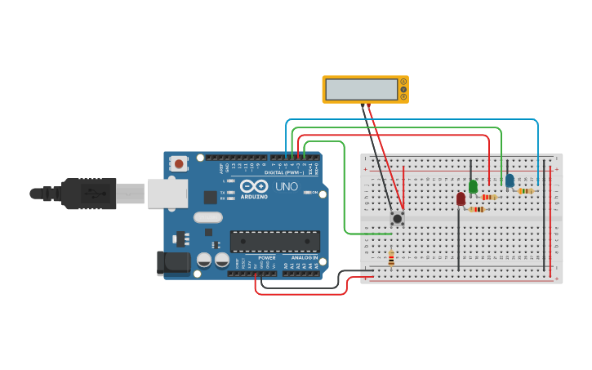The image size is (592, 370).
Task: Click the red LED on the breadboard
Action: click(461, 198)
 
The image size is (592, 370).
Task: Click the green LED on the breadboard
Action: click(473, 186)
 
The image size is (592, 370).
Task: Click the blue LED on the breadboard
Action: click(510, 181)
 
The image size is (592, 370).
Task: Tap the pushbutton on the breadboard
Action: click(397, 218)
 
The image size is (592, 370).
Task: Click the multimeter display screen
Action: click(361, 89)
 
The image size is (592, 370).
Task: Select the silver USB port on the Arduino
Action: click(167, 194)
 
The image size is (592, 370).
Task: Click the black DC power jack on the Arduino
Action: click(172, 262)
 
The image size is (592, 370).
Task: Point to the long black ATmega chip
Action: click(274, 241)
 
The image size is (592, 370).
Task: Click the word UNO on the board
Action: click(287, 186)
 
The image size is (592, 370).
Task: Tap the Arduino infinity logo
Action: click(253, 186)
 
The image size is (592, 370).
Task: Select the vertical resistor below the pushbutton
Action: click(391, 258)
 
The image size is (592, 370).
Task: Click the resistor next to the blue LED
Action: click(526, 191)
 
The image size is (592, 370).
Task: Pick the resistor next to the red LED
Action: click(477, 209)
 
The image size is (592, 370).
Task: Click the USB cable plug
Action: click(90, 194)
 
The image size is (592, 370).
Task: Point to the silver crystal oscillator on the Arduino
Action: click(208, 217)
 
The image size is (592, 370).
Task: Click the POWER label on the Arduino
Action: click(267, 257)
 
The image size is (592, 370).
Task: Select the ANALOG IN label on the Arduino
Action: click(303, 257)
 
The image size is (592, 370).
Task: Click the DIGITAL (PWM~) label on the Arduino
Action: click(284, 172)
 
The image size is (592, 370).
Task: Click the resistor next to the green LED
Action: click(489, 197)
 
